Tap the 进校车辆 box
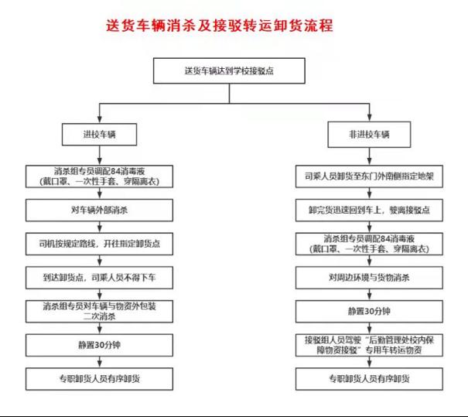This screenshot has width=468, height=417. click(101, 135)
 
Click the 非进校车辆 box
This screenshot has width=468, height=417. click(369, 135)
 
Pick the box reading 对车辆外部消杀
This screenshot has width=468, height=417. click(101, 209)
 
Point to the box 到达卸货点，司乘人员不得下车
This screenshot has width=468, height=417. click(101, 276)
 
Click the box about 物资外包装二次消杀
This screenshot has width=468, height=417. click(101, 310)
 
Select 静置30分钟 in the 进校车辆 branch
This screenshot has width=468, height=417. click(101, 344)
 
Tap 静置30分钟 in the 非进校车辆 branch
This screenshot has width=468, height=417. click(369, 311)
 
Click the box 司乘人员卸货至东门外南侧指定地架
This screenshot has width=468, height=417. click(369, 176)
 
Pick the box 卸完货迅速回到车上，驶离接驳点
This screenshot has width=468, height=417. click(369, 209)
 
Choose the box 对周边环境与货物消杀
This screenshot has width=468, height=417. click(369, 277)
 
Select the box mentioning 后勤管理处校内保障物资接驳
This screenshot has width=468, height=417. click(369, 345)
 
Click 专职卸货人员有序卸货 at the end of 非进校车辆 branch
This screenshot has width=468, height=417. click(369, 379)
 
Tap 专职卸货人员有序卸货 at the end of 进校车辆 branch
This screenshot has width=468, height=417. click(101, 379)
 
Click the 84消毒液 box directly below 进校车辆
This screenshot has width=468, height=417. click(101, 175)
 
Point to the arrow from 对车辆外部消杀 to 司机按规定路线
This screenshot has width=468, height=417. click(101, 226)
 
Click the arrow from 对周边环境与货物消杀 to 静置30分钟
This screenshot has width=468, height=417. click(369, 294)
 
